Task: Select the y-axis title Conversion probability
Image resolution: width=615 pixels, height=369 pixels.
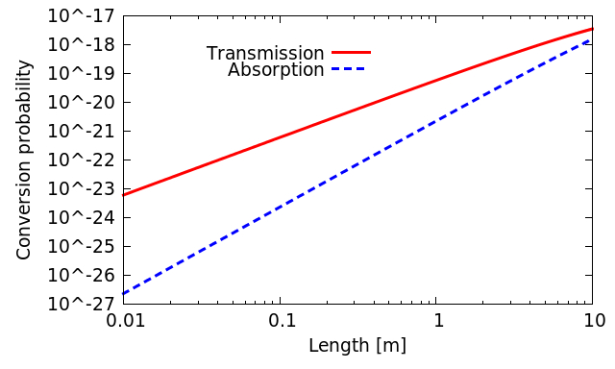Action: point(25,160)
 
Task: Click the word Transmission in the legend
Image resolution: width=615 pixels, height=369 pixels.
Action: point(265,54)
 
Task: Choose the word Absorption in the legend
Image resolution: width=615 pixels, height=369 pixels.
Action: point(276,70)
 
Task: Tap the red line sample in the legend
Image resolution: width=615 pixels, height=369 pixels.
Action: point(351,53)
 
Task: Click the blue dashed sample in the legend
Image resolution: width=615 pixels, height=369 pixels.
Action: point(351,69)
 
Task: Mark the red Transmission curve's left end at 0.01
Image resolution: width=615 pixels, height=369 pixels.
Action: point(124,195)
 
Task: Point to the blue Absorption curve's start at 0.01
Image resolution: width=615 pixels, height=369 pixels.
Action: point(124,293)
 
